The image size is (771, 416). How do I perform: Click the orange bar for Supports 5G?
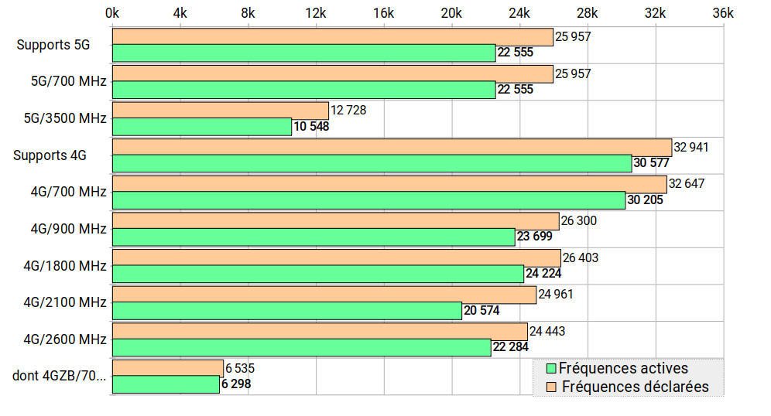pyautogui.click(x=333, y=37)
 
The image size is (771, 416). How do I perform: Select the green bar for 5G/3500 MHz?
pyautogui.click(x=202, y=127)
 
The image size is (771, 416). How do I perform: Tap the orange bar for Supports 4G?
pyautogui.click(x=392, y=147)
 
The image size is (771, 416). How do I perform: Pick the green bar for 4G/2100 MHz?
pyautogui.click(x=287, y=311)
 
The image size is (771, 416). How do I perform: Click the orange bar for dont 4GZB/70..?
pyautogui.click(x=168, y=368)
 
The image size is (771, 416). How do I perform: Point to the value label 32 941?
pyautogui.click(x=691, y=147)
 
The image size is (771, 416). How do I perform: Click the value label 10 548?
pyautogui.click(x=311, y=127)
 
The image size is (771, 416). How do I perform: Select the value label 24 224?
pyautogui.click(x=543, y=274)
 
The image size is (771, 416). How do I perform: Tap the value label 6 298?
pyautogui.click(x=236, y=384)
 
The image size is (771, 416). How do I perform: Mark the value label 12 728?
pyautogui.click(x=348, y=110)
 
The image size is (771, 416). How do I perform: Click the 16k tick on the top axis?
pyautogui.click(x=384, y=13)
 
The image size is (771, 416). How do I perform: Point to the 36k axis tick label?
pyautogui.click(x=722, y=13)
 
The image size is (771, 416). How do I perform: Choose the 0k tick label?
pyautogui.click(x=112, y=13)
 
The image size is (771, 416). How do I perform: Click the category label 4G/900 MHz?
pyautogui.click(x=68, y=229)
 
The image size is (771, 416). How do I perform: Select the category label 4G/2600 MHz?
pyautogui.click(x=65, y=339)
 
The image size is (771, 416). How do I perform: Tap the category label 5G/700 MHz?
pyautogui.click(x=68, y=81)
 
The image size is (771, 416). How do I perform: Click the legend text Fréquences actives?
pyautogui.click(x=623, y=369)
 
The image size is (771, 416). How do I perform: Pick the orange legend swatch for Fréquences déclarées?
pyautogui.click(x=552, y=387)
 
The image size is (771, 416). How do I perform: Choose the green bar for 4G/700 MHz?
pyautogui.click(x=368, y=200)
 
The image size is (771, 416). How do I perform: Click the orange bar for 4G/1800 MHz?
pyautogui.click(x=337, y=257)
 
